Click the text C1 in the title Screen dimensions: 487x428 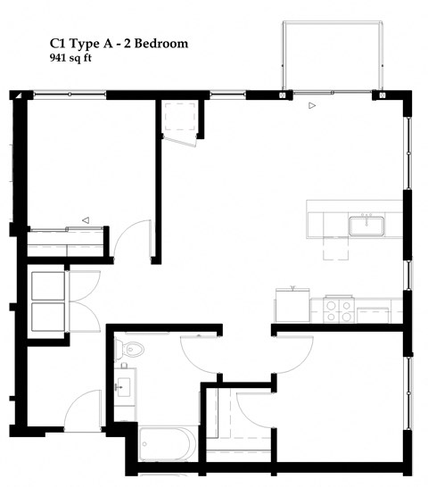tap(59, 43)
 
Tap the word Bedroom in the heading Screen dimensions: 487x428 tap(160, 43)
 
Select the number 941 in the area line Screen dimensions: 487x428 tap(60, 58)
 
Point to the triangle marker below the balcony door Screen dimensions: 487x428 tap(311, 106)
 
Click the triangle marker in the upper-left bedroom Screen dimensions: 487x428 tap(86, 219)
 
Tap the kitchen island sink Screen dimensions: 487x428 tap(366, 224)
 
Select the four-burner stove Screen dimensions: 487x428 tap(338, 310)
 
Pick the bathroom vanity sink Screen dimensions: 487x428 tap(124, 387)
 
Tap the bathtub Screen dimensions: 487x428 tap(169, 444)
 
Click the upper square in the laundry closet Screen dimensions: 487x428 tap(48, 285)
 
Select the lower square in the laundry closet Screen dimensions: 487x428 tap(48, 317)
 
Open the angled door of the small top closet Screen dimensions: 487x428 tap(182, 141)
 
